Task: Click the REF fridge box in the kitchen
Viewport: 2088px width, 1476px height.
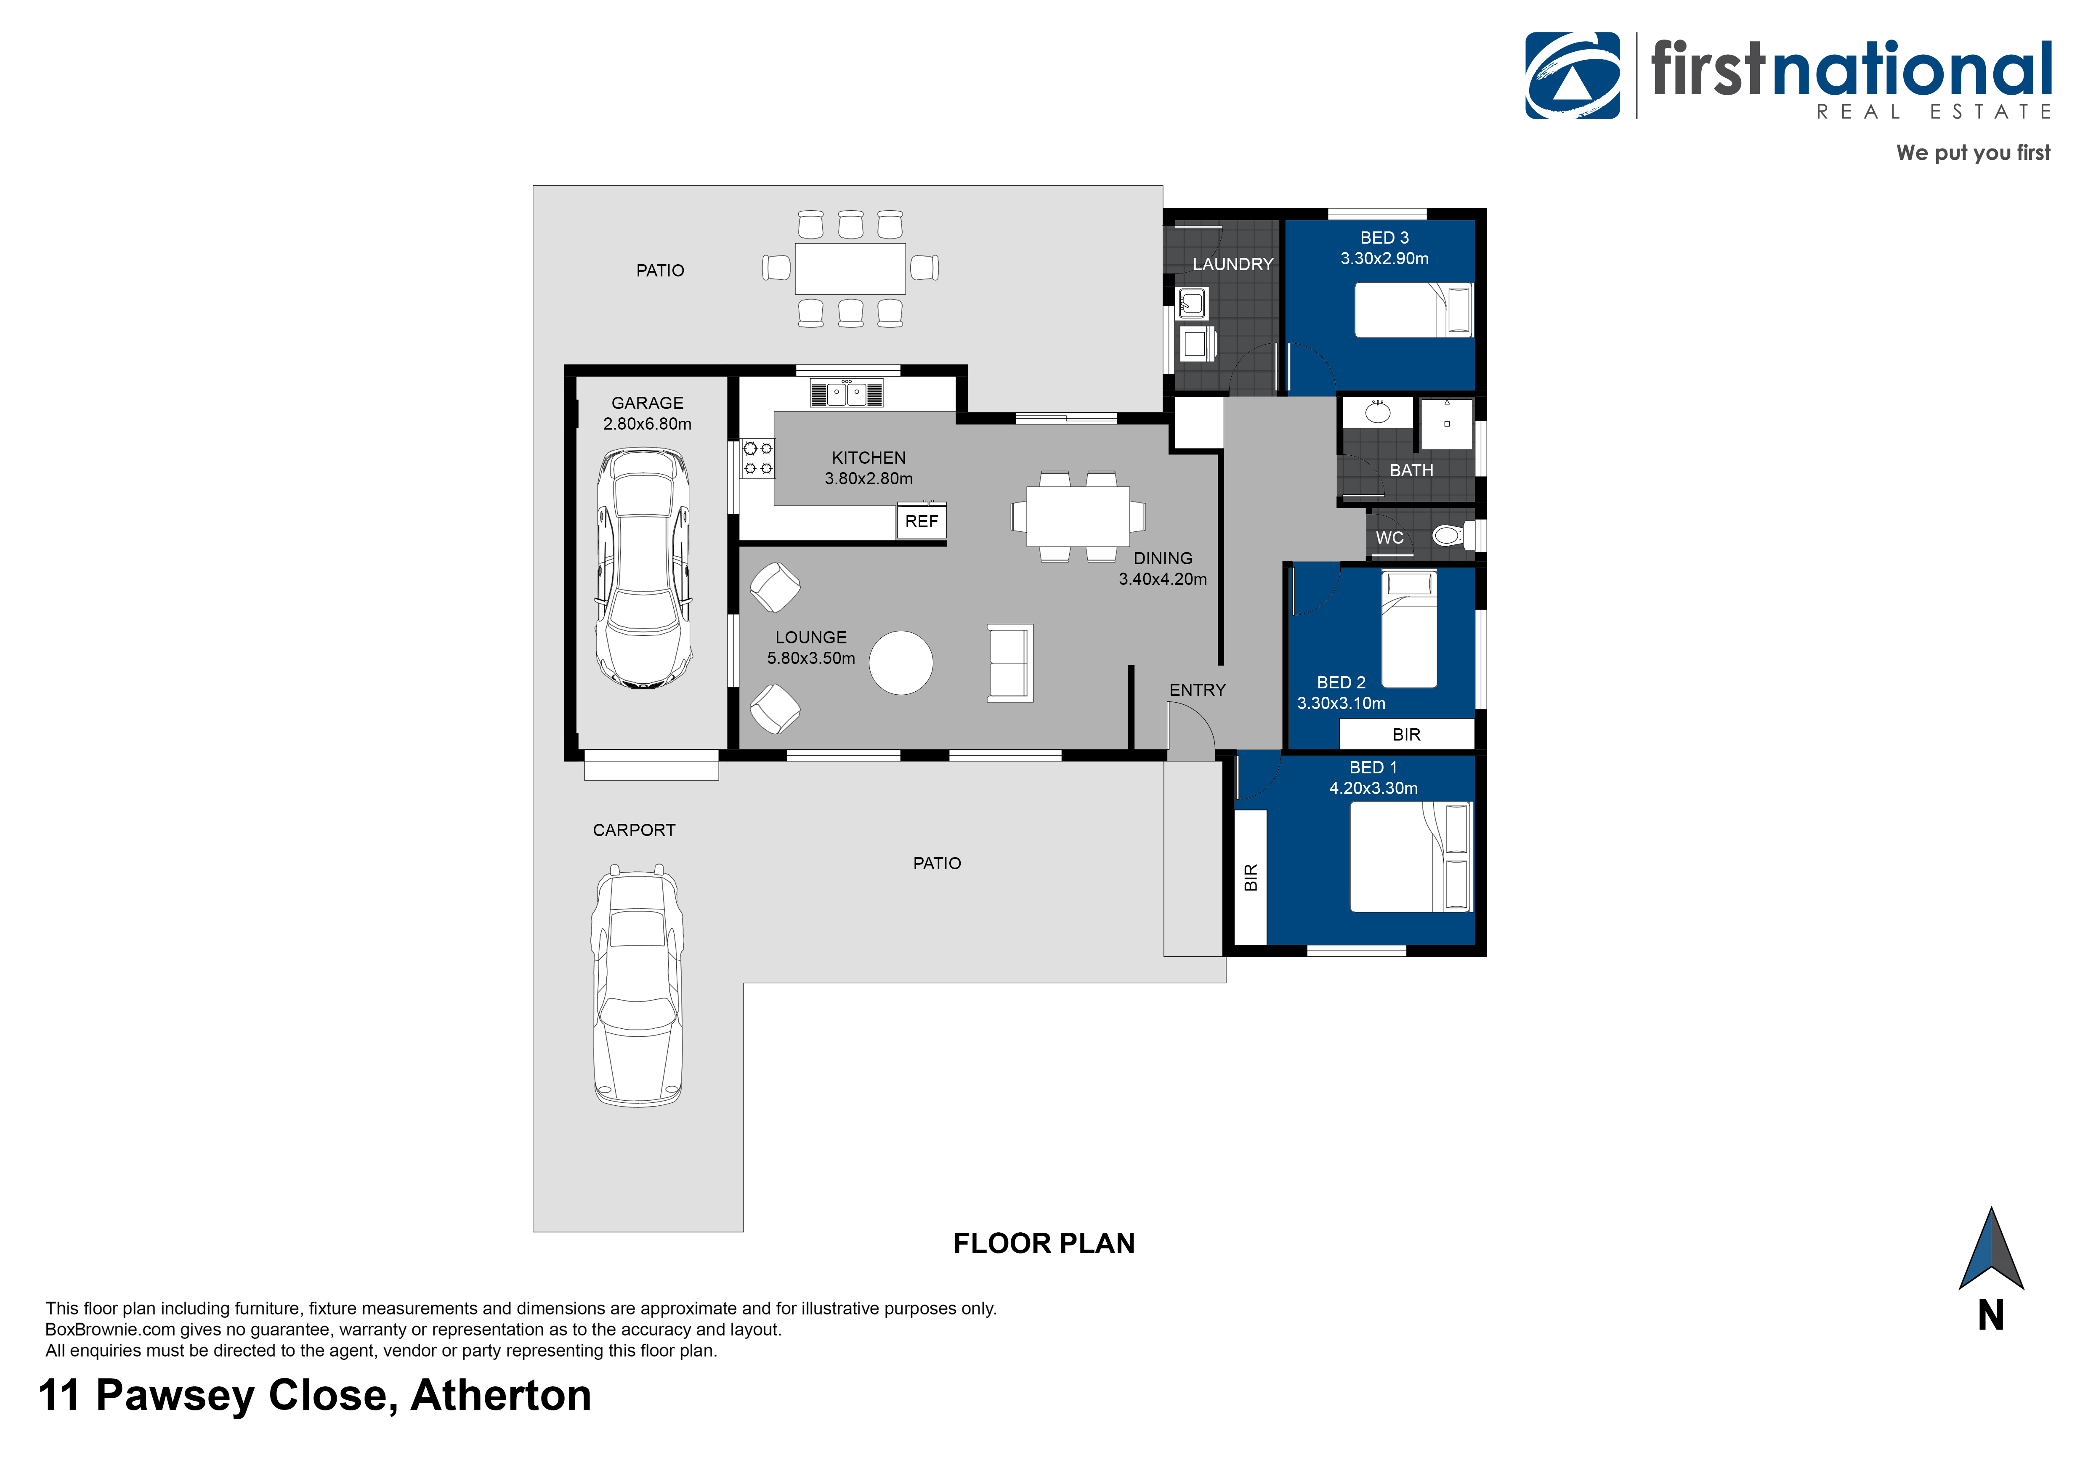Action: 921,521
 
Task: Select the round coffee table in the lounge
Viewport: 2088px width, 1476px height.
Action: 901,663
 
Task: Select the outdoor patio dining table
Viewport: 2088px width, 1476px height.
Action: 850,268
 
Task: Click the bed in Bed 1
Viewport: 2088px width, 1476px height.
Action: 1410,857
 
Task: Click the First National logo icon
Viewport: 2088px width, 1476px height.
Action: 1573,77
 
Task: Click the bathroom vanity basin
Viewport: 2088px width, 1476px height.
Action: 1378,412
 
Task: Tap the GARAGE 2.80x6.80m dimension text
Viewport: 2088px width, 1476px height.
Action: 648,424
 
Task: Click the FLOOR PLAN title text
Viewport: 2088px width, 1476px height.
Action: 1044,1243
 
